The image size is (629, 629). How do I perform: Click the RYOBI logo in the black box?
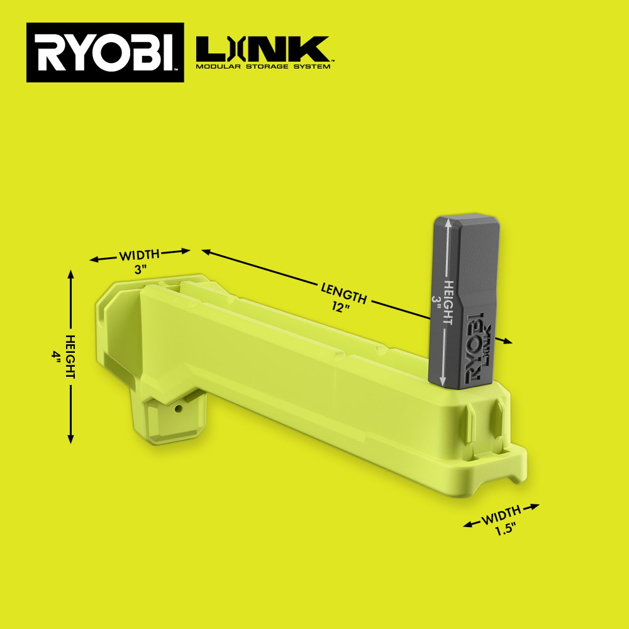coord(105,53)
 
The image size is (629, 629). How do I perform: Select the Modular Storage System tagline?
coord(262,66)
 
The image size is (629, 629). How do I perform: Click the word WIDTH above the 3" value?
coord(140,255)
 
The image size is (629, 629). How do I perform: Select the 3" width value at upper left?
coord(140,269)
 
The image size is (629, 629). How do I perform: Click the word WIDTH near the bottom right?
coord(501,515)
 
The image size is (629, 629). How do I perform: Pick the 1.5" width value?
coord(505,529)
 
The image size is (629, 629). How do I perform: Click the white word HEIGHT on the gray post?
coord(448,303)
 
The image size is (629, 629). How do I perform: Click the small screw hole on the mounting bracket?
coord(179,408)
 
